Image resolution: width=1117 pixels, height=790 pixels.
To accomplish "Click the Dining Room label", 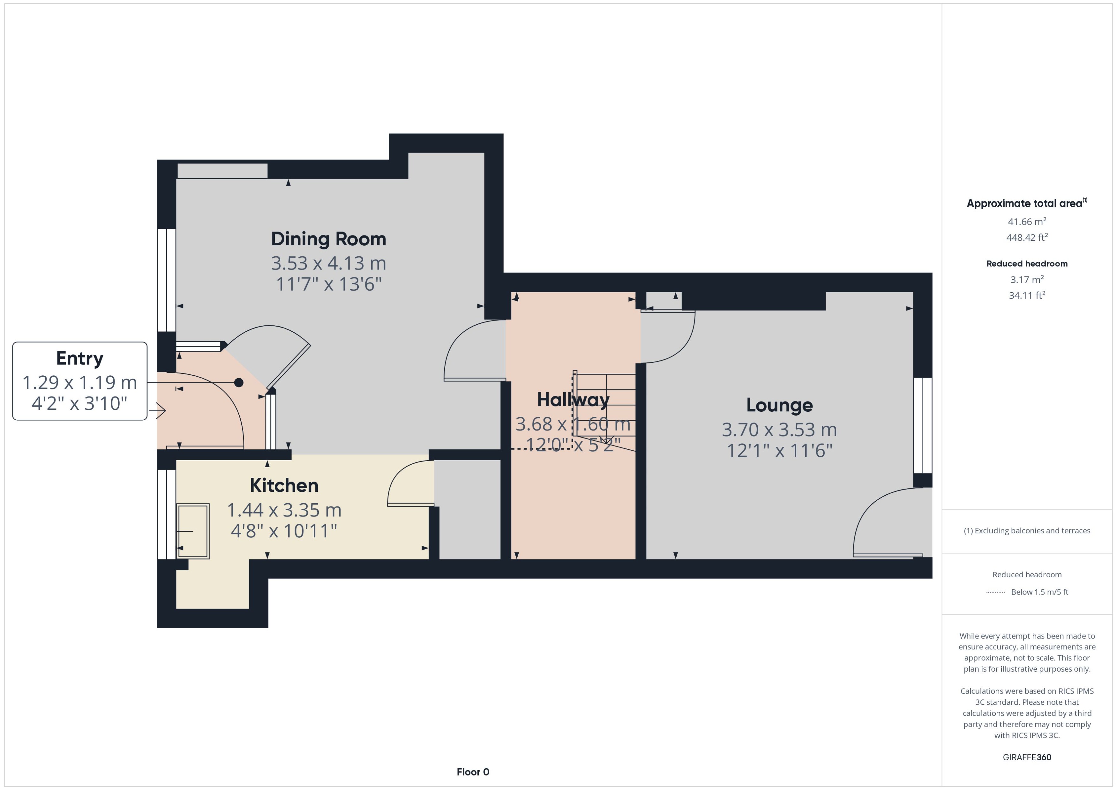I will pos(328,239).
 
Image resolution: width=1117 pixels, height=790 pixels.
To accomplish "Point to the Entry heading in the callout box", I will pos(80,358).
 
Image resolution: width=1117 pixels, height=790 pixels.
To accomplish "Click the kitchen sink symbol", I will pos(193,531).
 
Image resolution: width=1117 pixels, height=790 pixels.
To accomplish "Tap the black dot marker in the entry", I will pos(238,383).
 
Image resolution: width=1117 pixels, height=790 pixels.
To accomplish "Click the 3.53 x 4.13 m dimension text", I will pos(328,263).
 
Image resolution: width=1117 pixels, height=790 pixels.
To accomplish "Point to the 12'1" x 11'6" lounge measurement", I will pos(779,450).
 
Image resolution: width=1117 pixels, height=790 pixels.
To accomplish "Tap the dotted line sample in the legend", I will pos(995,592).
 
